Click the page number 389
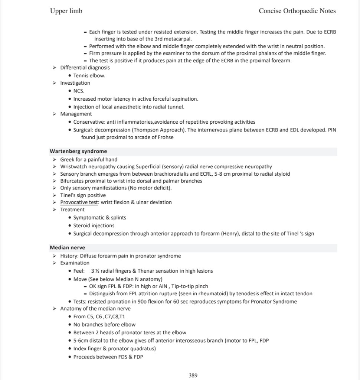point(193,376)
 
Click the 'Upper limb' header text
point(66,11)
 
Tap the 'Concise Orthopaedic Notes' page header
point(297,11)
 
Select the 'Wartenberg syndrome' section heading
point(78,151)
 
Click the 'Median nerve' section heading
point(68,247)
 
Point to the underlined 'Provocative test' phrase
point(79,202)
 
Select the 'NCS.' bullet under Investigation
point(79,91)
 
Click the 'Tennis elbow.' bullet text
point(89,75)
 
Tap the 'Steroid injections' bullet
point(94,225)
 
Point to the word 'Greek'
point(67,159)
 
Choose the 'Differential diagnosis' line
point(85,68)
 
